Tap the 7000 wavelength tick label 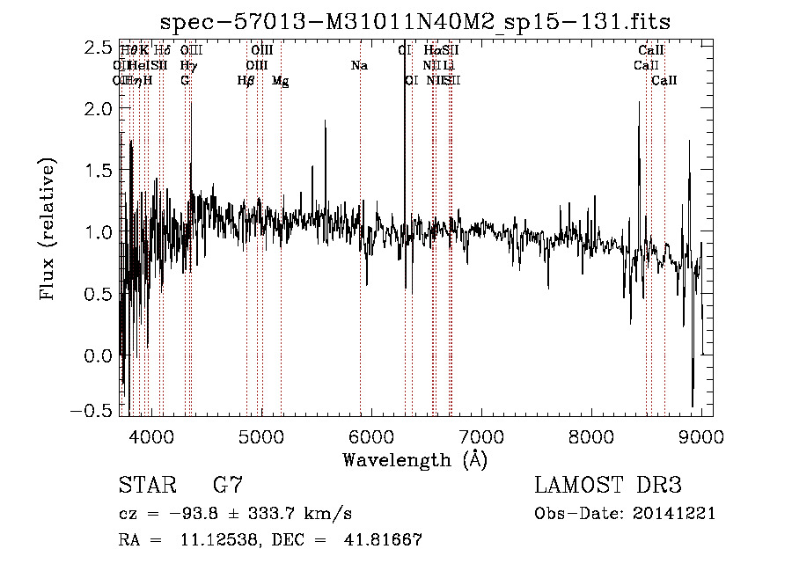point(481,436)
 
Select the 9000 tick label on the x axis point(701,436)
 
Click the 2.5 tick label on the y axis point(98,47)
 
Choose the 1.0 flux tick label point(98,232)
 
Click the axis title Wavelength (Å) point(414,459)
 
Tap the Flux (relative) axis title point(49,230)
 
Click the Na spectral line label point(359,66)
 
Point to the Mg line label point(280,81)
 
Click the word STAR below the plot point(146,486)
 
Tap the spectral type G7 point(228,486)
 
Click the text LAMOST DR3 point(608,486)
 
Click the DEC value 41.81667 point(382,540)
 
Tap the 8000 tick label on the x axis point(591,436)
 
